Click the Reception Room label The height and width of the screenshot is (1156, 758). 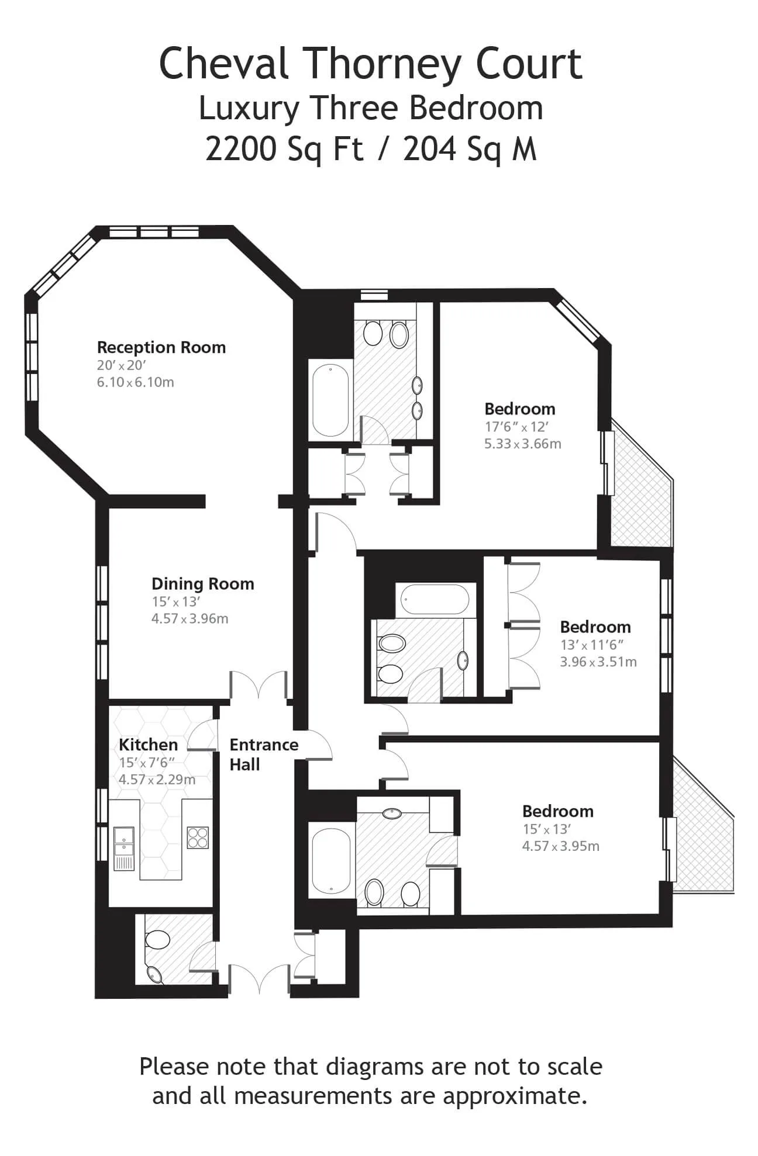point(161,347)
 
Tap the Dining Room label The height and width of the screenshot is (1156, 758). point(203,584)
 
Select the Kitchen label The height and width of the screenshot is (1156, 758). point(148,745)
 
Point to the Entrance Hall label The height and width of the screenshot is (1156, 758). point(263,754)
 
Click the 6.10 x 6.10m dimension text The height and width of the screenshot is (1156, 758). point(136,382)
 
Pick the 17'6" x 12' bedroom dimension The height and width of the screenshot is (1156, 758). point(516,427)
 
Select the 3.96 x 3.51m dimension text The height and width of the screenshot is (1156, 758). point(598,662)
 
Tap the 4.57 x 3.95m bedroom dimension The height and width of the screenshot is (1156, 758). point(561,846)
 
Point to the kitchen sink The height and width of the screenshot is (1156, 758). point(124,847)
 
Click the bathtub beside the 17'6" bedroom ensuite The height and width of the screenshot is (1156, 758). point(330,400)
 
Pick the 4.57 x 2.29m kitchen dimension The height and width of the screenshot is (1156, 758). point(157,780)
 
